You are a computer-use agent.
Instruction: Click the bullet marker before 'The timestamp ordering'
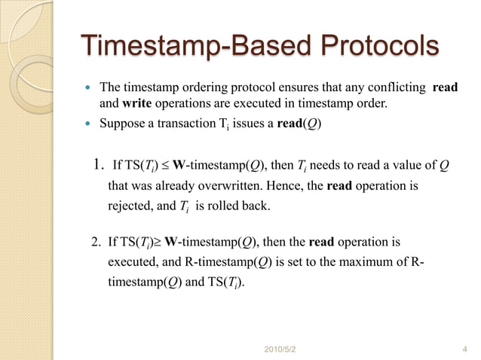[x=87, y=87]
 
